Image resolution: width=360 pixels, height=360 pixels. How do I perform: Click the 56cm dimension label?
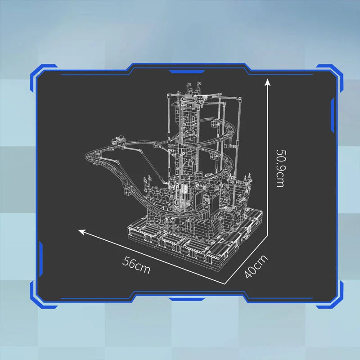(x=136, y=265)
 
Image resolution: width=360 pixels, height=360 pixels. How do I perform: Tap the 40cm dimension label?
(x=256, y=266)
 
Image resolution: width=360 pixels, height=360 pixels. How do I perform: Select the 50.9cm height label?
(x=280, y=168)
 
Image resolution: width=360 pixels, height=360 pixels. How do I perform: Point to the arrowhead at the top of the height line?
(x=267, y=82)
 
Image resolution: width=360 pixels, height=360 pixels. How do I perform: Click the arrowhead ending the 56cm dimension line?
(x=82, y=232)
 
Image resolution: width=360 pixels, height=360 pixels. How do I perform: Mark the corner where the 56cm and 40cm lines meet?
(x=224, y=284)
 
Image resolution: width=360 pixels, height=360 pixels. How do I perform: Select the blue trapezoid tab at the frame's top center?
(x=187, y=72)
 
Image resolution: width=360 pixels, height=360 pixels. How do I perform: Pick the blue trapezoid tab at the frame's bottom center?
(x=187, y=299)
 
